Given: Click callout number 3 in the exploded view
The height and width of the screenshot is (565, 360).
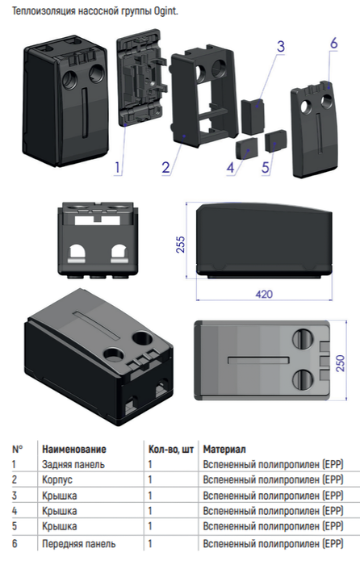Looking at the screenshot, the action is [281, 47].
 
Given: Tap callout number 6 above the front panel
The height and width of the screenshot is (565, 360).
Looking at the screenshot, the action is [333, 44].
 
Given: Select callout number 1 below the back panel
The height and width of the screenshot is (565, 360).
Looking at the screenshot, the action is [117, 168].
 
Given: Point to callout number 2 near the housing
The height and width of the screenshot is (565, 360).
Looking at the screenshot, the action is [165, 168].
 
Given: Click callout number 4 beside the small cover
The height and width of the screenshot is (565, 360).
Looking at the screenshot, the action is [230, 168].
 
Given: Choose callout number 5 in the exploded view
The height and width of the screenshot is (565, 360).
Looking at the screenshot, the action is [266, 168].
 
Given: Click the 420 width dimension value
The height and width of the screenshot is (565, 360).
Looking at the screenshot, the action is [264, 295].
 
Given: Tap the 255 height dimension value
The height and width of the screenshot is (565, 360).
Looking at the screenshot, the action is [181, 245].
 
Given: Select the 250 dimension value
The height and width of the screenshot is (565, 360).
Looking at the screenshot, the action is [340, 363].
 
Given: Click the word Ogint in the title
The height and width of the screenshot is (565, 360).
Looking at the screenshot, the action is [165, 11].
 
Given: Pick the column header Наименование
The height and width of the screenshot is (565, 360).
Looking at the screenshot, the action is [74, 450].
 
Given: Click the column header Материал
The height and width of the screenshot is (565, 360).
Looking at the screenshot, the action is [224, 450].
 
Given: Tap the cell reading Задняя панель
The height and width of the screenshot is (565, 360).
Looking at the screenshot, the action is [73, 464].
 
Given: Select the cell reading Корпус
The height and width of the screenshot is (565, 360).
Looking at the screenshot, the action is [57, 480].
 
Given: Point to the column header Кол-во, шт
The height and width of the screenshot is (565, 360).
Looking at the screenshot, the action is [171, 450].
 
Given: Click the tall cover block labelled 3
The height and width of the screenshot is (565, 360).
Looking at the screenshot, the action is [253, 117].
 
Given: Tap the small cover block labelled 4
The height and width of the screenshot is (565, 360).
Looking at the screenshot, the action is [247, 148].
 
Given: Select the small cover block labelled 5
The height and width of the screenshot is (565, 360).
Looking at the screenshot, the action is [276, 141].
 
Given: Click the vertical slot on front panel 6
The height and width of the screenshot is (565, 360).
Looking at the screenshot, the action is [319, 132].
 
